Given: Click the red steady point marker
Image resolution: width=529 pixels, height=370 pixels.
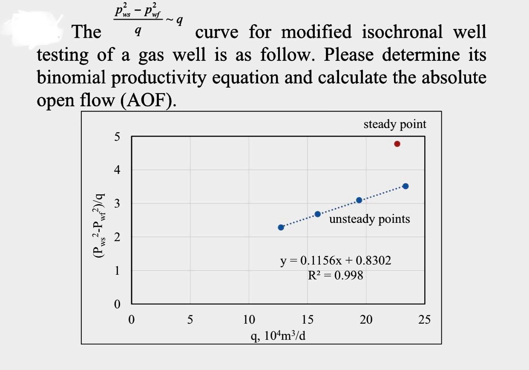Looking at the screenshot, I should pos(397,144).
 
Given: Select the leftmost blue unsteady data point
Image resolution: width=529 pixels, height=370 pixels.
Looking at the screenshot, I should pos(281,228).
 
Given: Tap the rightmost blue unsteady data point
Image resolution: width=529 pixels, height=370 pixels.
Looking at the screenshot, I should pos(405,186).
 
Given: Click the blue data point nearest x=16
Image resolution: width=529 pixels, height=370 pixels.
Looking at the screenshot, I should pos(317,214).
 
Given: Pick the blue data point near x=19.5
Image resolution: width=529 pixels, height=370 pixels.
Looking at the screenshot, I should pos(359,200).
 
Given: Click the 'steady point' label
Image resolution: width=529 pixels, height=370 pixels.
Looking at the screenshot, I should pos(395,124).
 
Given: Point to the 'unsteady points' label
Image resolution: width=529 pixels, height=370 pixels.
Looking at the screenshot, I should pos(369,219).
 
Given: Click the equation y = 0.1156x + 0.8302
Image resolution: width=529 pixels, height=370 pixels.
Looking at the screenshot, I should pos(336,261).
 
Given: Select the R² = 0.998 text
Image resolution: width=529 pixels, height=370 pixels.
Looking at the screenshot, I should pos(336,276).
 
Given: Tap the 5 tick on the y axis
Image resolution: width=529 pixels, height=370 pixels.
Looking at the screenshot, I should pos(117,137).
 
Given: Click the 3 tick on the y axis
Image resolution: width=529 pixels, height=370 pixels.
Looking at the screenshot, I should pos(117,204).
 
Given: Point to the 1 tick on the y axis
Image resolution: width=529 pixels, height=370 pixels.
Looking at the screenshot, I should pos(117,271).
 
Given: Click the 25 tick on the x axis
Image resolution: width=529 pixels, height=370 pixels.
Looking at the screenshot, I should pos(424,319).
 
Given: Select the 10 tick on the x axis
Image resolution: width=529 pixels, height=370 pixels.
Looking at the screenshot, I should pos(249,319).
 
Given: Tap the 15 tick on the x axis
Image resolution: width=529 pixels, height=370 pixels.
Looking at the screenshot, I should pos(308,319).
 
